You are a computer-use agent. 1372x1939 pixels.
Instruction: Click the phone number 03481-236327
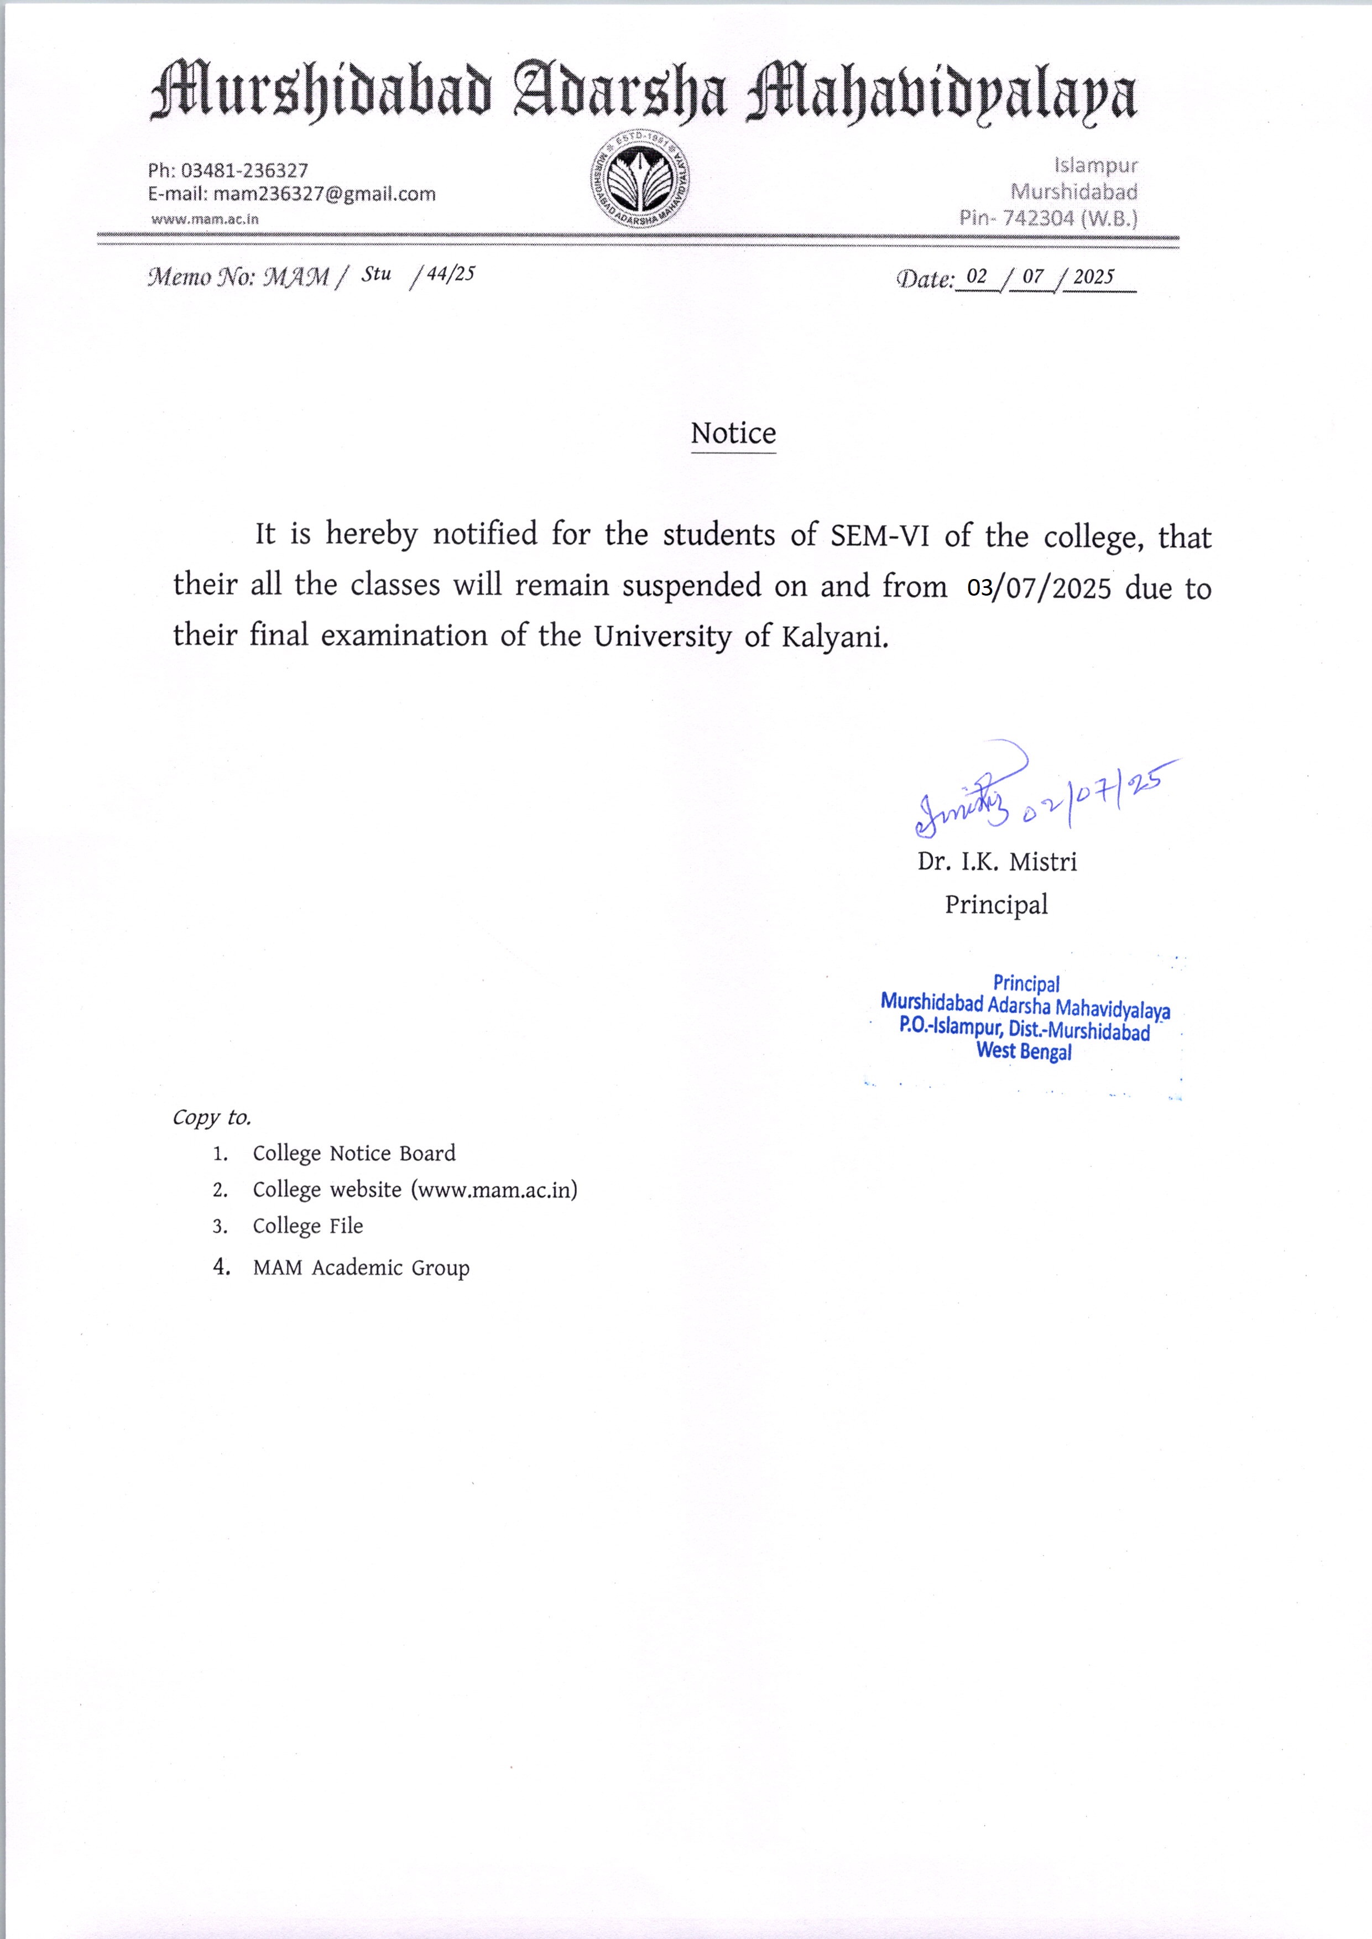tap(244, 171)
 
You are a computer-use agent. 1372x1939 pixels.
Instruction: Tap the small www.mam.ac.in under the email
tap(205, 219)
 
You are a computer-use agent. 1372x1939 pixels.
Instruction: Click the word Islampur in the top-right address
tap(1095, 165)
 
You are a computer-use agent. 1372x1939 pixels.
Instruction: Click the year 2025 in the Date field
tap(1093, 277)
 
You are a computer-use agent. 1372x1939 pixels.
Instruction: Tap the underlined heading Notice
tap(733, 434)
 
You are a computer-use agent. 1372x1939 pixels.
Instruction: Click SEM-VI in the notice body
tap(879, 536)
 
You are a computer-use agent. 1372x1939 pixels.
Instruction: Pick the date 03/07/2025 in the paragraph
tap(1039, 588)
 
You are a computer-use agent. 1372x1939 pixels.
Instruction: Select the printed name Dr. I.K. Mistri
tap(997, 862)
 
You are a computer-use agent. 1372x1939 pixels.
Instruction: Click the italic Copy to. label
tap(212, 1117)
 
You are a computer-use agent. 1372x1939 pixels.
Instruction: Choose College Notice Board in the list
tap(354, 1153)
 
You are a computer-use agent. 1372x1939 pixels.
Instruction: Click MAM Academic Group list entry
tap(361, 1268)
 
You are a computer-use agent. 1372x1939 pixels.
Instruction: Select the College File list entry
tap(307, 1226)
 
